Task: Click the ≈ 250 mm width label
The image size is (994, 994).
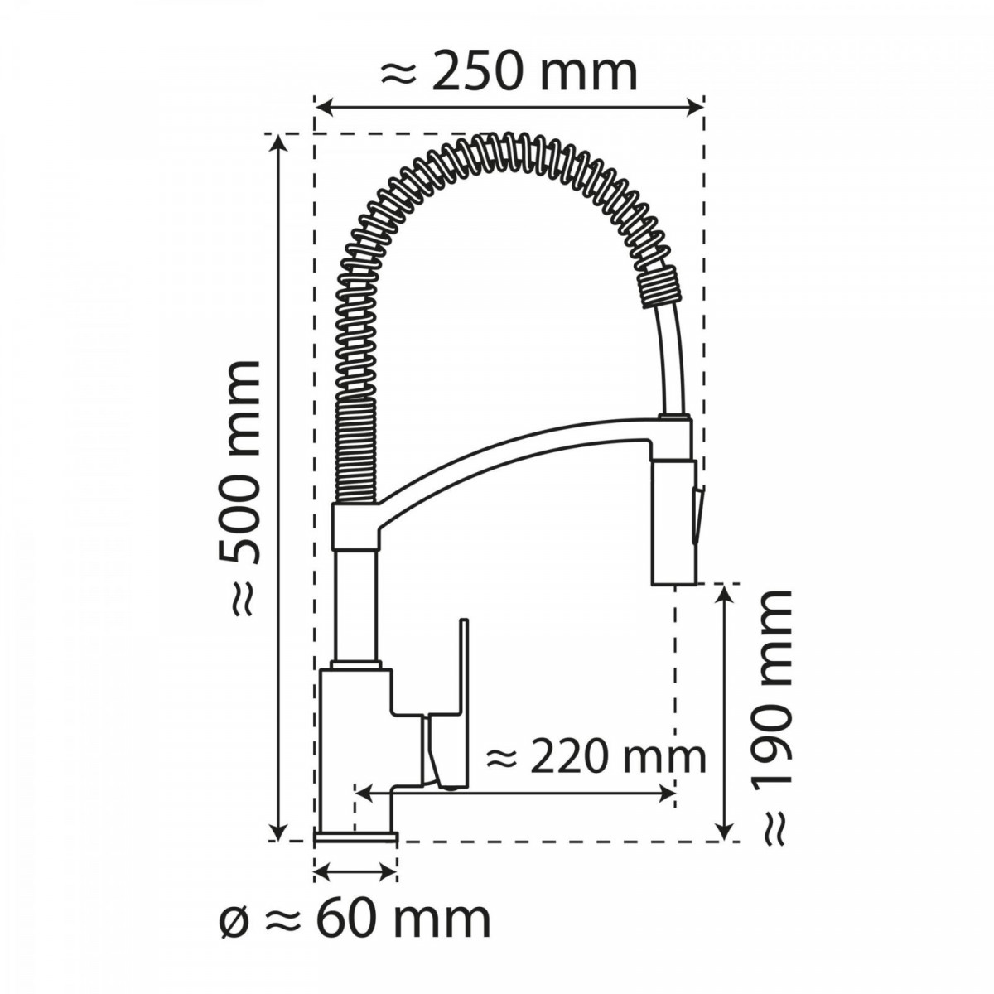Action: click(509, 73)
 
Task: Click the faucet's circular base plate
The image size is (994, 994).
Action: click(356, 837)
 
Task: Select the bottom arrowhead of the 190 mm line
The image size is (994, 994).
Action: click(726, 831)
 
